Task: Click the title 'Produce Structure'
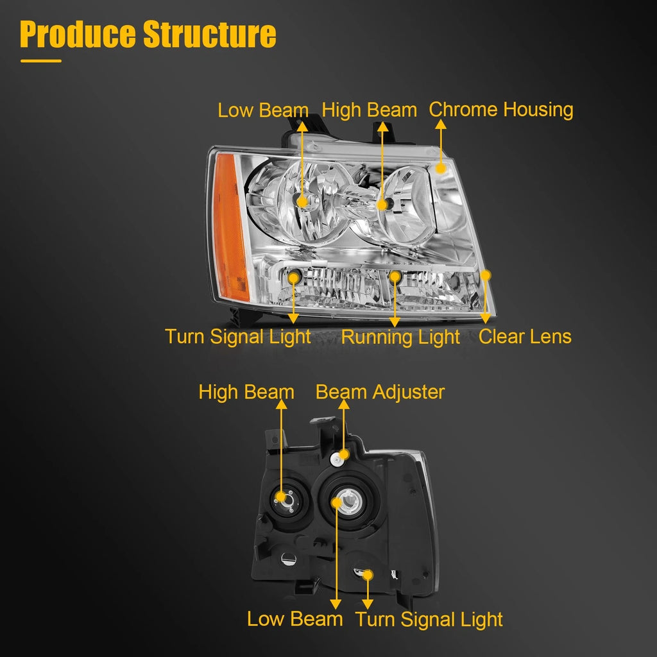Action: [x=148, y=34]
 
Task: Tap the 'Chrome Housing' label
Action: [x=500, y=110]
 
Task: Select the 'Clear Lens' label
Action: [x=525, y=336]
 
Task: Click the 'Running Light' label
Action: [x=400, y=337]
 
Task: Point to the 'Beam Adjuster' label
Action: [x=380, y=392]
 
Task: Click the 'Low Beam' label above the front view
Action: [x=262, y=110]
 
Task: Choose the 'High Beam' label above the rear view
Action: [x=246, y=392]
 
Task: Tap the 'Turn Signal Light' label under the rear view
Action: [x=429, y=620]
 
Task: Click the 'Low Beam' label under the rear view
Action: [x=294, y=619]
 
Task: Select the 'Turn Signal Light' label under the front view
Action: [x=237, y=337]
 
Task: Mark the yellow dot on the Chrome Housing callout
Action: [x=440, y=169]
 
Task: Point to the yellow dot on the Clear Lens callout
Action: [x=485, y=275]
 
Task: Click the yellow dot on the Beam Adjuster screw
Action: [x=344, y=455]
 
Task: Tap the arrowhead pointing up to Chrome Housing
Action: [x=440, y=124]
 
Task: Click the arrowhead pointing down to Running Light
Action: [x=395, y=322]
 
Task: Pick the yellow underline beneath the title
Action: [x=41, y=61]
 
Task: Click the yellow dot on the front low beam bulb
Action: [x=302, y=202]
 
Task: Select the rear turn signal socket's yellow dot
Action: [x=368, y=576]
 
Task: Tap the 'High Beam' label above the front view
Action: [x=369, y=110]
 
